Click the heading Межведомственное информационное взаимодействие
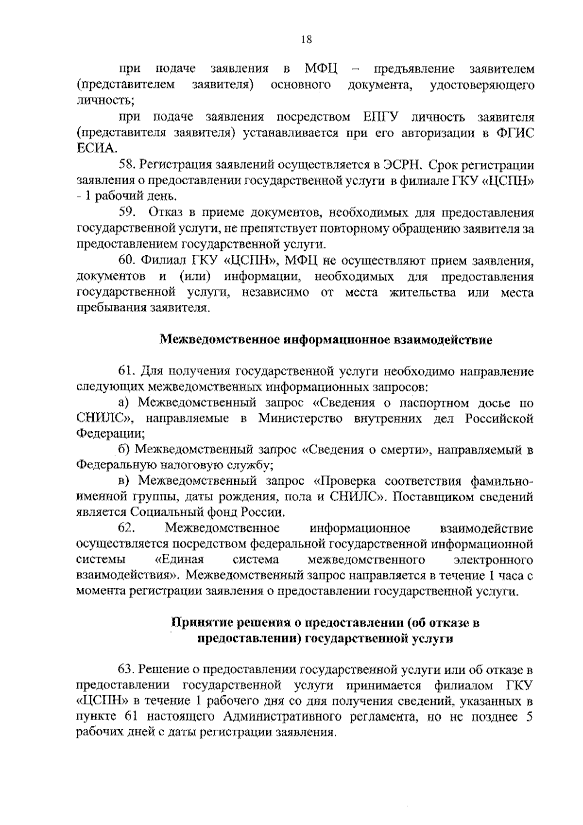[x=326, y=340]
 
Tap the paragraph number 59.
[x=127, y=212]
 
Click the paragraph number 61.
[x=126, y=372]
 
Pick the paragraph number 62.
[x=126, y=528]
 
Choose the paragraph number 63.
[x=126, y=669]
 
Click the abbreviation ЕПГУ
[x=380, y=117]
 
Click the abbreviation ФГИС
[x=517, y=133]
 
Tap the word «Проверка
[x=345, y=481]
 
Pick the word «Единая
[x=178, y=560]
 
